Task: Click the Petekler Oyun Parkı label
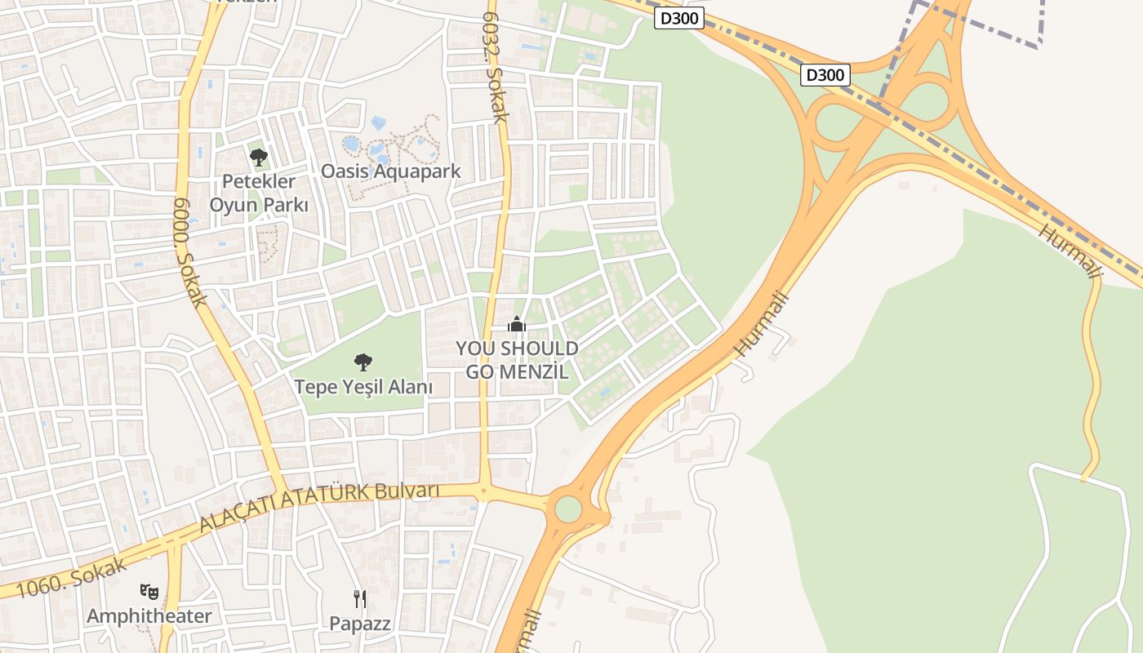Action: (259, 193)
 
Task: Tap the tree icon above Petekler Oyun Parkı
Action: (259, 157)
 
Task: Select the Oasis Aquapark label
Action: (390, 171)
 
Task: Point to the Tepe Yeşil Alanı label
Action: (363, 387)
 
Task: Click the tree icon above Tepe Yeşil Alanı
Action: (363, 362)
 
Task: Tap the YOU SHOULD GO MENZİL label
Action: (517, 360)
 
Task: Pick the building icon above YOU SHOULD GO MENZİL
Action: (517, 325)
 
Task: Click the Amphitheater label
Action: (149, 615)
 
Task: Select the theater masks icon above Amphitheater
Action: (149, 590)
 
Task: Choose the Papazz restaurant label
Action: (360, 624)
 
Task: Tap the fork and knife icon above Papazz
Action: (360, 599)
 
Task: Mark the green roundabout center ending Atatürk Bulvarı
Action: (568, 509)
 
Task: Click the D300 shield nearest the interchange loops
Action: (825, 75)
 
